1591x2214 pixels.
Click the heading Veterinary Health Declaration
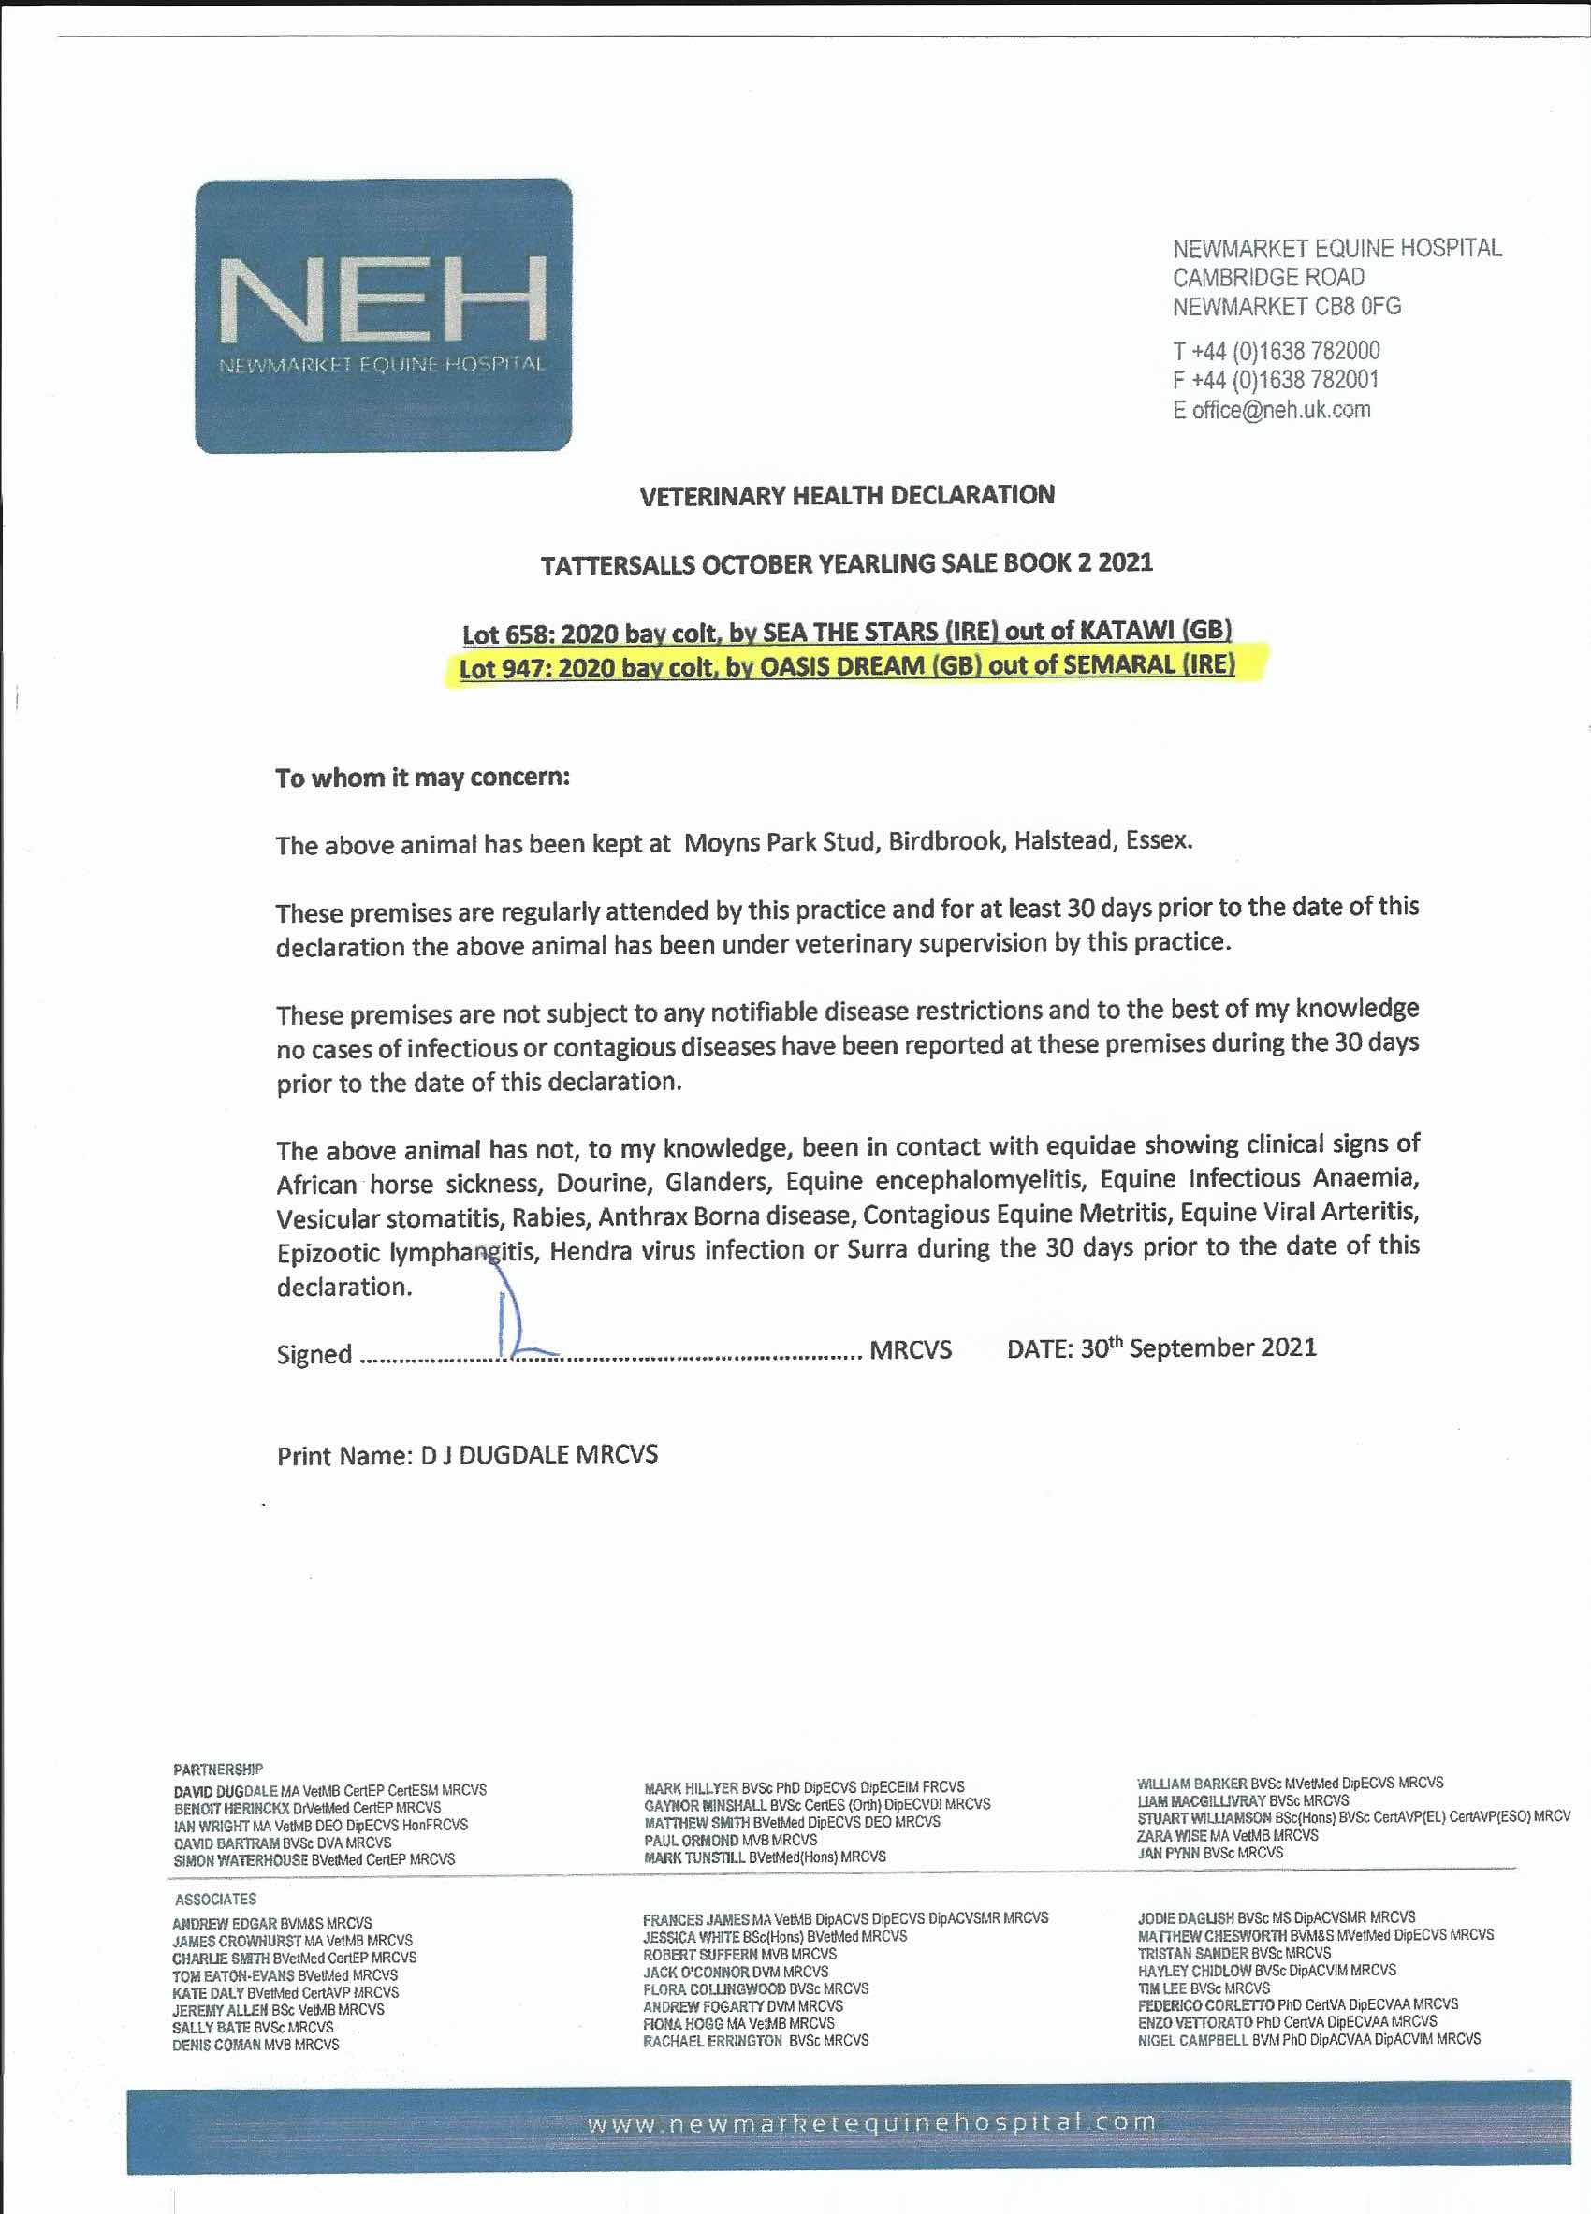tap(847, 496)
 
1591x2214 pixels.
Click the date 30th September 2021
tap(1198, 1348)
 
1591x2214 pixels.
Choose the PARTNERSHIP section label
tap(218, 1769)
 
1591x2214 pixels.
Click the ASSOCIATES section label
tap(215, 1899)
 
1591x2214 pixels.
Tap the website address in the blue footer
tap(870, 2123)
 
